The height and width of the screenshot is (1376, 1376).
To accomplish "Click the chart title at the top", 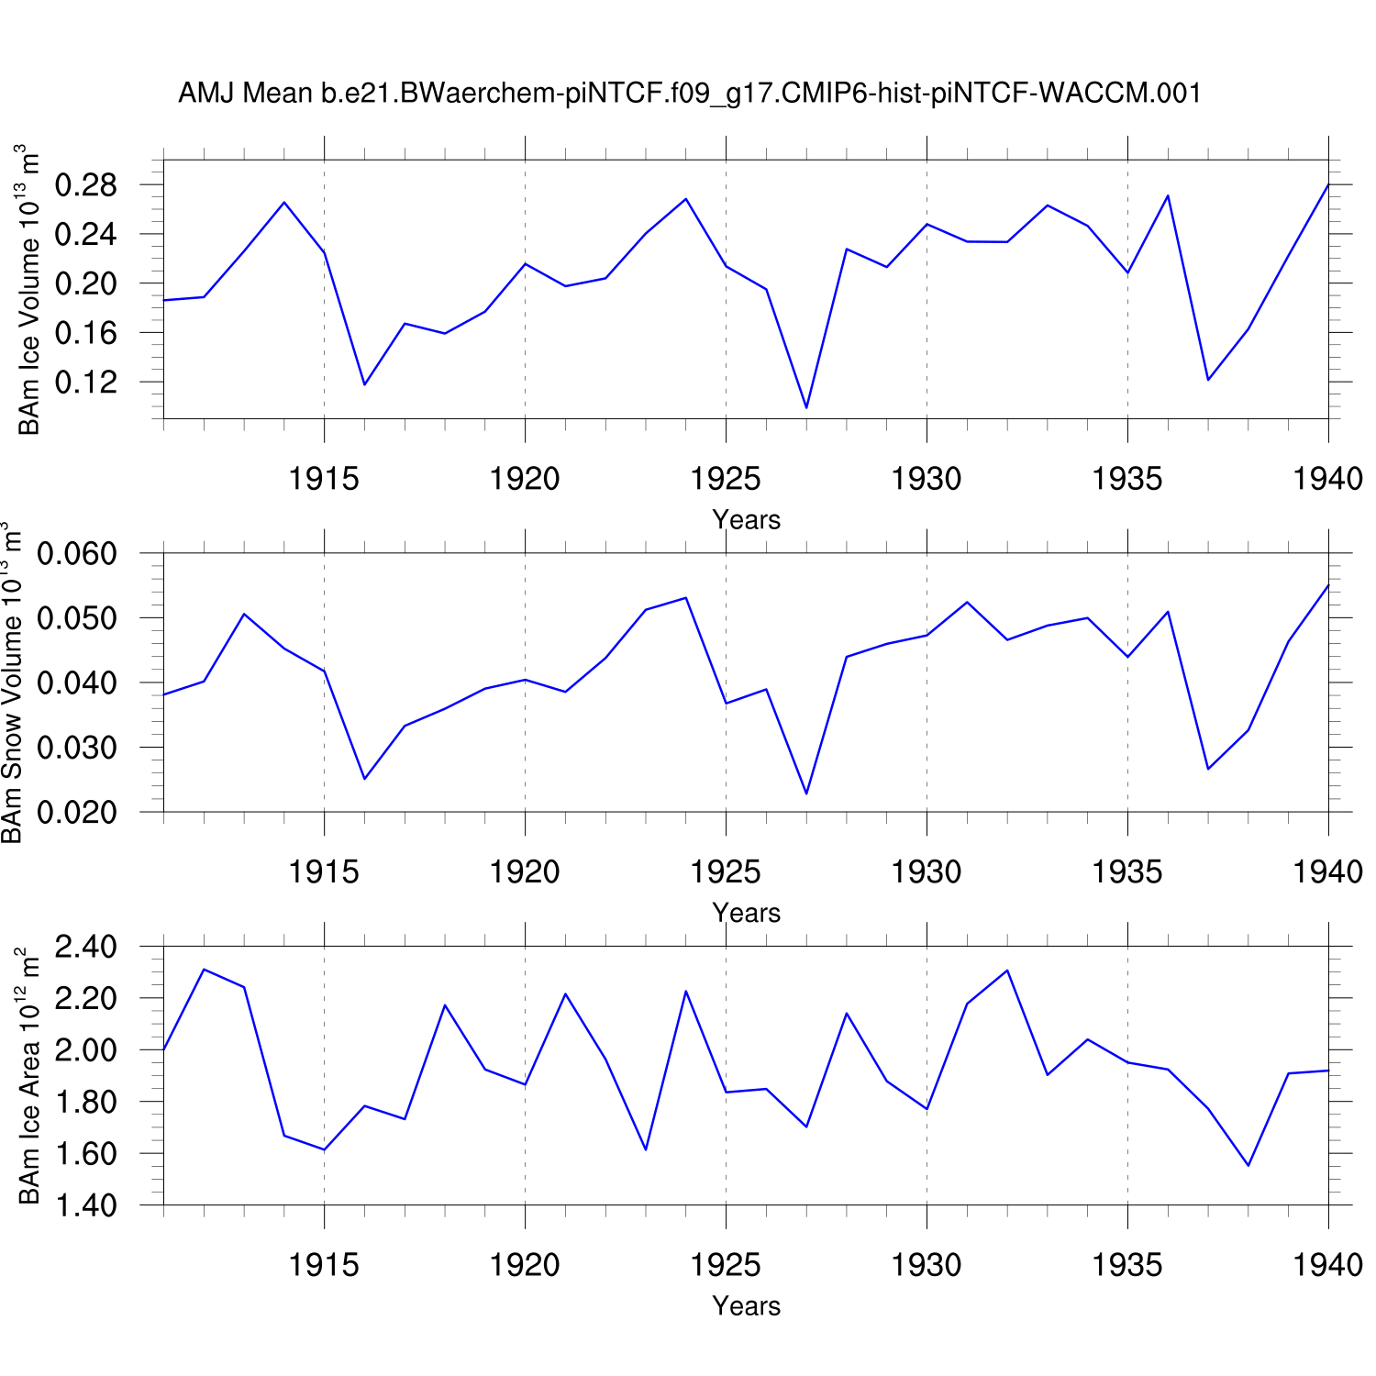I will (689, 93).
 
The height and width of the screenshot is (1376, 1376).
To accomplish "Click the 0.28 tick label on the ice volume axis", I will (86, 185).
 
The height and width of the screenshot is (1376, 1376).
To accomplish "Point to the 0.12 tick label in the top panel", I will (86, 382).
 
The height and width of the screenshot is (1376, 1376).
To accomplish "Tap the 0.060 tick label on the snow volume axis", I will (77, 553).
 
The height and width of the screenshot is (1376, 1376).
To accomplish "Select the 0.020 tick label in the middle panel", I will (77, 812).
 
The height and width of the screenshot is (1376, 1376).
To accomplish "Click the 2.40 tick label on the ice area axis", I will (86, 946).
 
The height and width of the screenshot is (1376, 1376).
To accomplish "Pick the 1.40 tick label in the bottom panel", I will (86, 1204).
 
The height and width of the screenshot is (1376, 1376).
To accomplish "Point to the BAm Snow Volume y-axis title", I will (11, 682).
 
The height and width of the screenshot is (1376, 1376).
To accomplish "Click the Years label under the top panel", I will (746, 520).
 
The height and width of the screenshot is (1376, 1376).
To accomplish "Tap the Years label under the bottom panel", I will (746, 1306).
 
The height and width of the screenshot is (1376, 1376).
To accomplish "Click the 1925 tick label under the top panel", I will (726, 478).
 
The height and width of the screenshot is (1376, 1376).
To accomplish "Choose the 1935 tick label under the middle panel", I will (1127, 871).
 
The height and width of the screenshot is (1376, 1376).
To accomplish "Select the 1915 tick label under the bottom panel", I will (324, 1265).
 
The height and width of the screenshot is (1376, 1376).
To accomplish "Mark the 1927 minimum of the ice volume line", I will (806, 408).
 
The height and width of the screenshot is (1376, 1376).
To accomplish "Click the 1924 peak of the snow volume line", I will (686, 598).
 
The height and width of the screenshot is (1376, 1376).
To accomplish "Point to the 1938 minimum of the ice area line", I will (1248, 1165).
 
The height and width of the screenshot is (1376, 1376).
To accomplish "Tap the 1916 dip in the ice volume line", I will (364, 384).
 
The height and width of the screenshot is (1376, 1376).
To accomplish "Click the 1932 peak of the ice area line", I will (1007, 971).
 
